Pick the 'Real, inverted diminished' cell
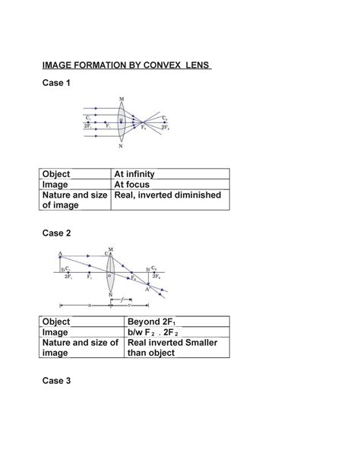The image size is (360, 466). click(168, 195)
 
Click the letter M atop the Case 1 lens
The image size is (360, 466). click(121, 99)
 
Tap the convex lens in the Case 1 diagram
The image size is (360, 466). click(121, 122)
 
